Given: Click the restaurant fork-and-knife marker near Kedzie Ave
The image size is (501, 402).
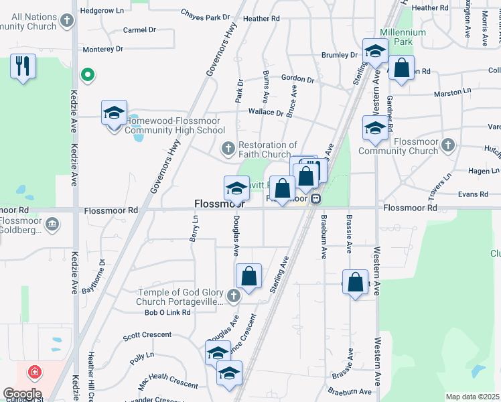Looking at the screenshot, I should click(x=23, y=66).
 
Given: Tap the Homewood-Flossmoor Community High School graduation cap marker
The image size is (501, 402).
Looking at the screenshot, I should click(x=115, y=112).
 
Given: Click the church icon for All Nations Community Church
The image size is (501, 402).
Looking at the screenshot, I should click(x=66, y=20).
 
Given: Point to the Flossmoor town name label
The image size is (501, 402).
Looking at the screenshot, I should click(x=216, y=203).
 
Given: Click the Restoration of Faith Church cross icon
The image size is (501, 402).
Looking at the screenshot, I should click(x=228, y=147).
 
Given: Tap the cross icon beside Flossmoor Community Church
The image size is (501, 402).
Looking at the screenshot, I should click(x=448, y=145).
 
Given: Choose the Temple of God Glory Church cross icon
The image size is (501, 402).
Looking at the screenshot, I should click(x=233, y=295).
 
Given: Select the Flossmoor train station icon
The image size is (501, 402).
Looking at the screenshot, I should click(x=314, y=198).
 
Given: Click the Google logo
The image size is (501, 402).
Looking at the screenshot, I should click(x=22, y=393).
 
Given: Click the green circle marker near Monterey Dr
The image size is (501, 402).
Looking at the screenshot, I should click(x=86, y=75).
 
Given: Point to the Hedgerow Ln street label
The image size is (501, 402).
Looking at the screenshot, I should click(x=102, y=11).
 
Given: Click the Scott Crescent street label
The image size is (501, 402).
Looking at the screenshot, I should click(x=147, y=335).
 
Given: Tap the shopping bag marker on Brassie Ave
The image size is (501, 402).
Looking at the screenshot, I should click(x=355, y=281).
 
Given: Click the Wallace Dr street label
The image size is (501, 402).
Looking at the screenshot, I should click(x=266, y=112).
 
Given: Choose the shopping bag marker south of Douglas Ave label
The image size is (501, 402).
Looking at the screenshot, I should click(x=248, y=275).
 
